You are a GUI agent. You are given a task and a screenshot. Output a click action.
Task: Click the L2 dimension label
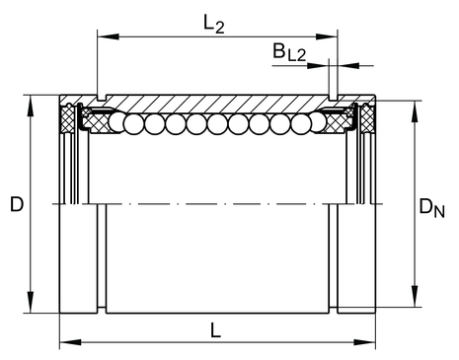point(214,25)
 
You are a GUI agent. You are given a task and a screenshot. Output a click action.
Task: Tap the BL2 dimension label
point(289,52)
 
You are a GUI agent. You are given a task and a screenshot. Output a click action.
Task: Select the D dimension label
point(17,204)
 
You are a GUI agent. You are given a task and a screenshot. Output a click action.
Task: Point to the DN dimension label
point(431,208)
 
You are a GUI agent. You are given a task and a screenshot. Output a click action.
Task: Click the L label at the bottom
point(215,329)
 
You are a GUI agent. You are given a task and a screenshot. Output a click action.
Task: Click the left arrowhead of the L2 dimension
point(109,36)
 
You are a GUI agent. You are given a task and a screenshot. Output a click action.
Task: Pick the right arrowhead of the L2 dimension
point(327,36)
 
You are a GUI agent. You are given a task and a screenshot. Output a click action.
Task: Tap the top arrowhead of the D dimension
point(31,106)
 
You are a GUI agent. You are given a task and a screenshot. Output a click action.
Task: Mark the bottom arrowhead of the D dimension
point(31,302)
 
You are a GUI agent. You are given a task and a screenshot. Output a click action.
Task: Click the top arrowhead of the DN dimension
point(415,111)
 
